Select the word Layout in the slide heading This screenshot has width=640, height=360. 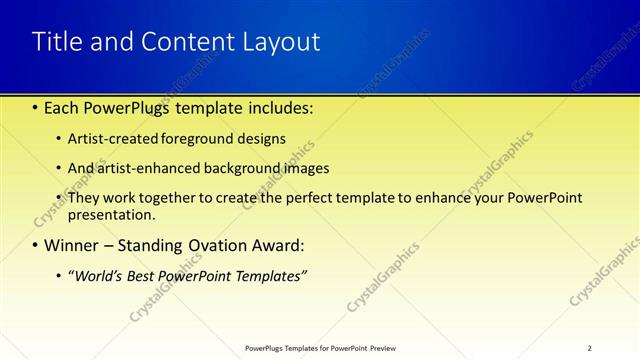pyautogui.click(x=279, y=42)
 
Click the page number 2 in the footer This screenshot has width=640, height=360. pyautogui.click(x=590, y=348)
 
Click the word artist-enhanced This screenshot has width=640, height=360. pyautogui.click(x=139, y=168)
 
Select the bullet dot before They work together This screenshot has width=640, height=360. pyautogui.click(x=59, y=198)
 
